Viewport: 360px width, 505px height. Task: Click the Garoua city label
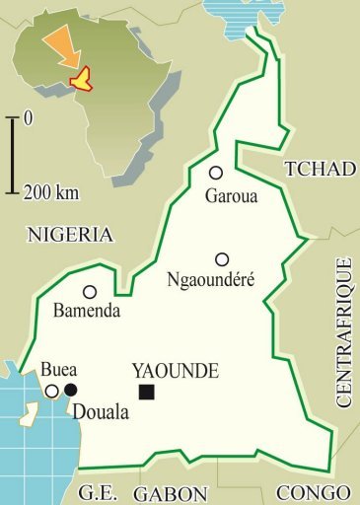click(231, 195)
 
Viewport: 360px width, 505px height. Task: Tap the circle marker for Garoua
click(216, 173)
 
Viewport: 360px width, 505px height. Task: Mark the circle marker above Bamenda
click(90, 292)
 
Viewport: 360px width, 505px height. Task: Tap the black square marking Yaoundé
click(147, 393)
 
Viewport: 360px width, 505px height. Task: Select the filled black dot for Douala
click(70, 391)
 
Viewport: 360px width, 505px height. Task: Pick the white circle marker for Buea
click(51, 391)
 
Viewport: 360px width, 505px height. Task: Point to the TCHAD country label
click(319, 170)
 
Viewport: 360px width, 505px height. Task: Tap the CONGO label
click(313, 494)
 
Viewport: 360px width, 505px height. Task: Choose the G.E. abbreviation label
click(100, 494)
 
